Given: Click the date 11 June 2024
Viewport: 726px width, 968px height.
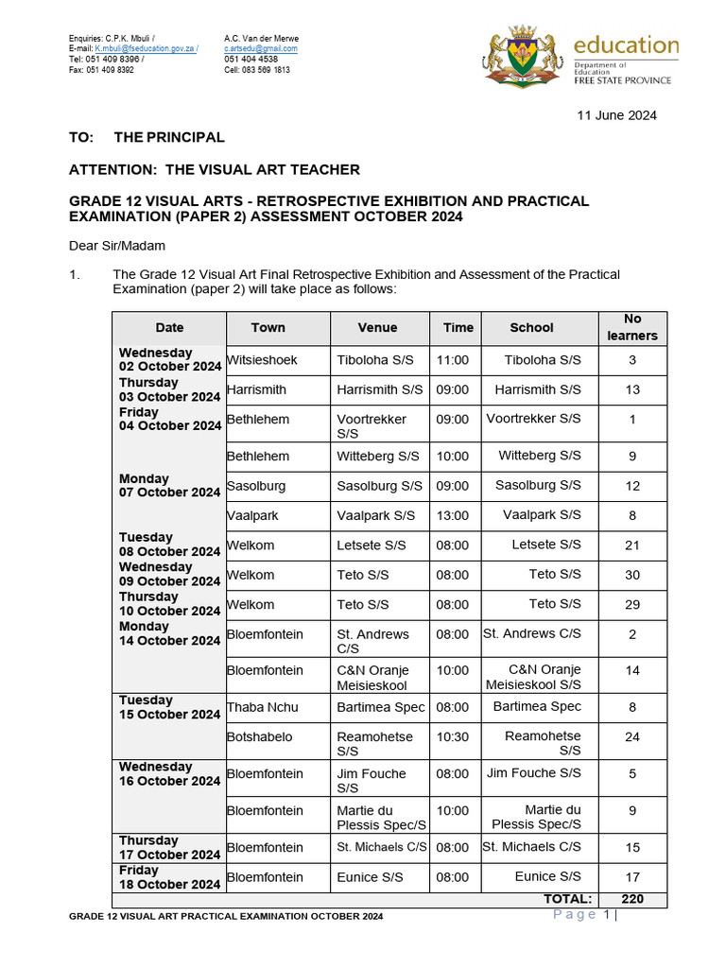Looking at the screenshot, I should pos(616,115).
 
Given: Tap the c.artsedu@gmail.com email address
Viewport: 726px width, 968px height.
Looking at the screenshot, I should pos(261,48).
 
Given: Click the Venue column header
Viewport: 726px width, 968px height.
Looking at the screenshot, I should pos(377,328).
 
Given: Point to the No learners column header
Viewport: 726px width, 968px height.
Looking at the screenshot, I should pos(632,328).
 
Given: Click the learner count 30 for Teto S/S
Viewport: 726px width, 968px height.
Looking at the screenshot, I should pos(632,575).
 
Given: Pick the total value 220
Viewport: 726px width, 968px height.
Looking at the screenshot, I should pos(632,899).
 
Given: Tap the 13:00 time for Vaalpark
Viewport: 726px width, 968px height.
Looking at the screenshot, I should pos(453,515).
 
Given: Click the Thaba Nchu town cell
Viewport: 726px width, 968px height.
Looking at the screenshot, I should pos(260,707).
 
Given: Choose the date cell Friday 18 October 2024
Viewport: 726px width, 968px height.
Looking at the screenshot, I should pos(169,877).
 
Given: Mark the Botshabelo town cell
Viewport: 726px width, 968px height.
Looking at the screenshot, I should pos(258,736).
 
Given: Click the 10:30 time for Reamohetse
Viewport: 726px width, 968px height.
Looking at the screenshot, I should pos(453,736).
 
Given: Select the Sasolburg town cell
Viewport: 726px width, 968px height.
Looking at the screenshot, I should pos(256,486).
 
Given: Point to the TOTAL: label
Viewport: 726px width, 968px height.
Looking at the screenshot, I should pos(567,899).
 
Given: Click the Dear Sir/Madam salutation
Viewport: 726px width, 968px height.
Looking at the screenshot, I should pos(117,246).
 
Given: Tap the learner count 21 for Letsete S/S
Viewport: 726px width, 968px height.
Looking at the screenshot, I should pos(632,545).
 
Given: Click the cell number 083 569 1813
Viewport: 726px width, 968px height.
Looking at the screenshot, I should pos(257,70).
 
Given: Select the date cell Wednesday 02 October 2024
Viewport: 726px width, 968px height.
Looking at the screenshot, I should pos(169,360).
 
